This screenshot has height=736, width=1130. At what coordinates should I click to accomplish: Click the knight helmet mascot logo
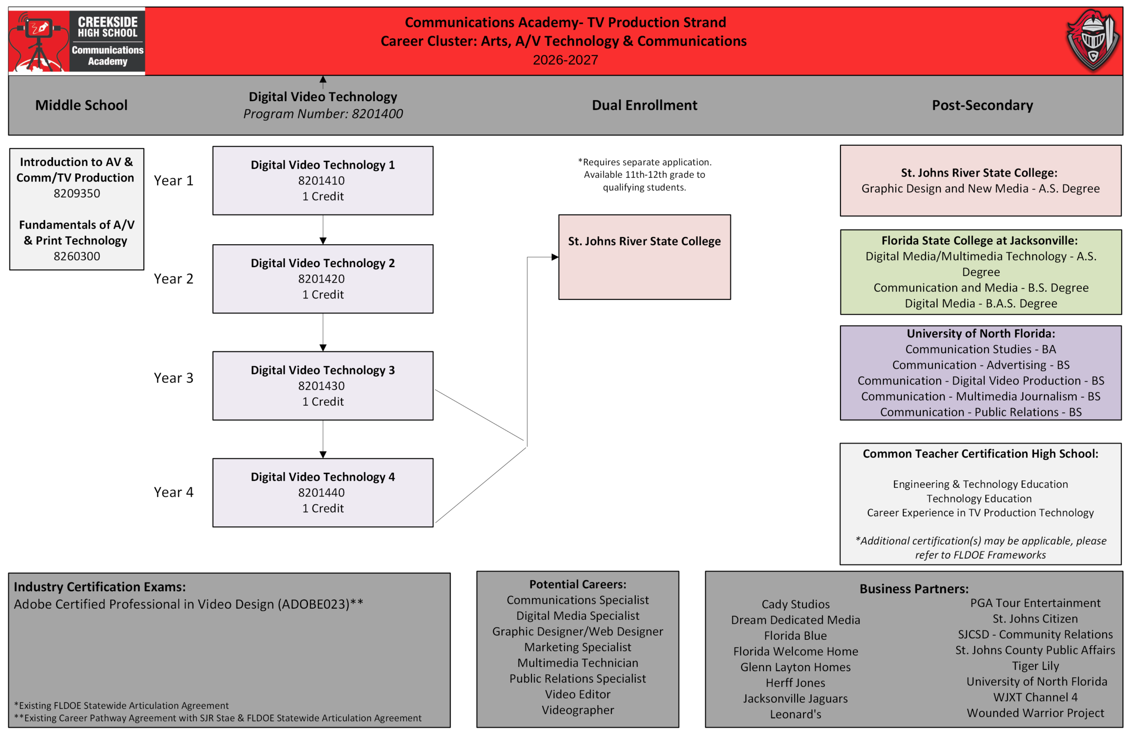tap(1092, 40)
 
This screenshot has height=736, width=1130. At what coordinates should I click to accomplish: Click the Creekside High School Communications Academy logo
tap(77, 42)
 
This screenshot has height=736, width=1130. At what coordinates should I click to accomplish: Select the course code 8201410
tap(321, 181)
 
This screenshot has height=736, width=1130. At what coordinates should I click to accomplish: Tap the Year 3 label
tap(174, 378)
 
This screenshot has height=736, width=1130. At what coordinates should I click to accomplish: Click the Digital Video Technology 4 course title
tap(323, 477)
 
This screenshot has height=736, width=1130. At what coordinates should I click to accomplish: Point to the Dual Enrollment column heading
tap(644, 105)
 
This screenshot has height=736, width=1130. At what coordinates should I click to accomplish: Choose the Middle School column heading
tap(81, 105)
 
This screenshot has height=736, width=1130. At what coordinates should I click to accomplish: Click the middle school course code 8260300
tap(77, 257)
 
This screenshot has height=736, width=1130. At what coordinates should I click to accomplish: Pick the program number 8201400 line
tap(323, 114)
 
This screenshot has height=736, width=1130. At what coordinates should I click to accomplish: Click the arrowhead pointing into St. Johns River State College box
tap(554, 257)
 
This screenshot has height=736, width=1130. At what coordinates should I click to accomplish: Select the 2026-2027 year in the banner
tap(565, 60)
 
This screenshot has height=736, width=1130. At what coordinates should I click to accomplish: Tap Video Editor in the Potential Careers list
tap(578, 694)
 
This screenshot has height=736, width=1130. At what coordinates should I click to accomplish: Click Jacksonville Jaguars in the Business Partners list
tap(795, 698)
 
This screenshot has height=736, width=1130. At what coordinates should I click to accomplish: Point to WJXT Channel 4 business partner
tap(1036, 697)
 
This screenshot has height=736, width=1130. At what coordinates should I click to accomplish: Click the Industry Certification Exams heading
tap(100, 587)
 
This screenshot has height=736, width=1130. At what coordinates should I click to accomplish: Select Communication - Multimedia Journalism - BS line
tap(980, 396)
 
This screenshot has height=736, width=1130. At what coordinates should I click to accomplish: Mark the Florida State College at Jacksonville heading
tap(979, 241)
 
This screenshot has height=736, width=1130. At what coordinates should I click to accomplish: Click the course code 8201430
tap(321, 386)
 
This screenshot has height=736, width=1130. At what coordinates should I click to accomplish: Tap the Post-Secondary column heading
tap(982, 105)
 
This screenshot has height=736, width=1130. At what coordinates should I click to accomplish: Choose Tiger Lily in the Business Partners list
tap(1036, 666)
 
